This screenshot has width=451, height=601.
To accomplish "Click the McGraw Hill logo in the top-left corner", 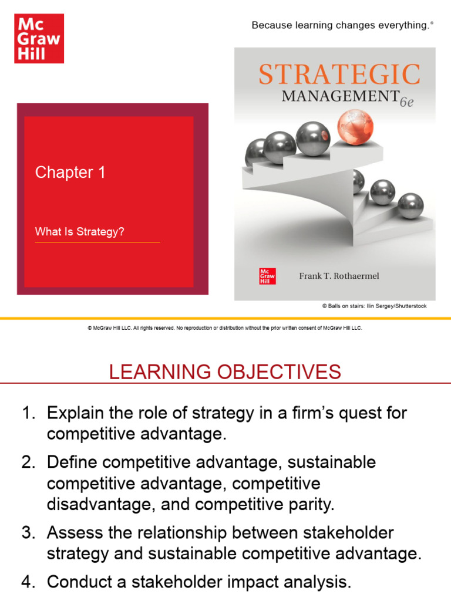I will (38, 39).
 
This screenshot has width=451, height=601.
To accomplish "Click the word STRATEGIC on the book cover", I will (339, 75).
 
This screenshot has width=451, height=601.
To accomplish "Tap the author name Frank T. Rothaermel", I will (339, 276).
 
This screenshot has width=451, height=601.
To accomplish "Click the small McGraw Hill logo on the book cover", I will (267, 276).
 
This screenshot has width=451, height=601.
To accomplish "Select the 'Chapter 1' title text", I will (70, 172).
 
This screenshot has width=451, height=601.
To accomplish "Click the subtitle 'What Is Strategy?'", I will (79, 232).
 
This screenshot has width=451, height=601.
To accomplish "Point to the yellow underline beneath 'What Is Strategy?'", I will (97, 242).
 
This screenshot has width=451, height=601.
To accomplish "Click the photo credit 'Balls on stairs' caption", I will (374, 306).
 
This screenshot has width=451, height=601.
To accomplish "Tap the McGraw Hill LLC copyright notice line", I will (225, 328).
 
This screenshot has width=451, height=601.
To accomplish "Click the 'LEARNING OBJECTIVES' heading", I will (225, 372).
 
